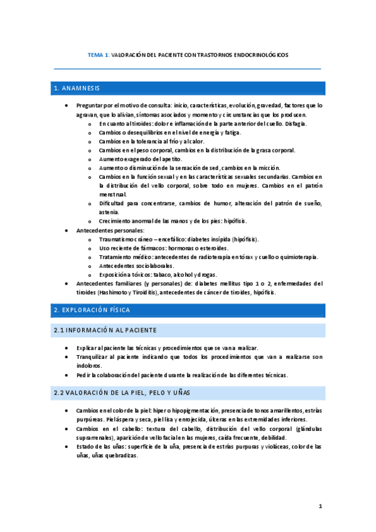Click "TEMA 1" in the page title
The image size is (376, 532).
[98, 55]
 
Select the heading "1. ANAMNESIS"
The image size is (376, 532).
[77, 88]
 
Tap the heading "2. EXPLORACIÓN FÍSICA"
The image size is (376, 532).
[92, 310]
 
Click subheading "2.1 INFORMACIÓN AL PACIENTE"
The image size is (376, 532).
[105, 330]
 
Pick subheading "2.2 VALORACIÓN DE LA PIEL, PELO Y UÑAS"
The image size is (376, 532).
[123, 392]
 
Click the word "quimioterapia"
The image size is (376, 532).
[299, 257]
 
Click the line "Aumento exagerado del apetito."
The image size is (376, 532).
[136, 159]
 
